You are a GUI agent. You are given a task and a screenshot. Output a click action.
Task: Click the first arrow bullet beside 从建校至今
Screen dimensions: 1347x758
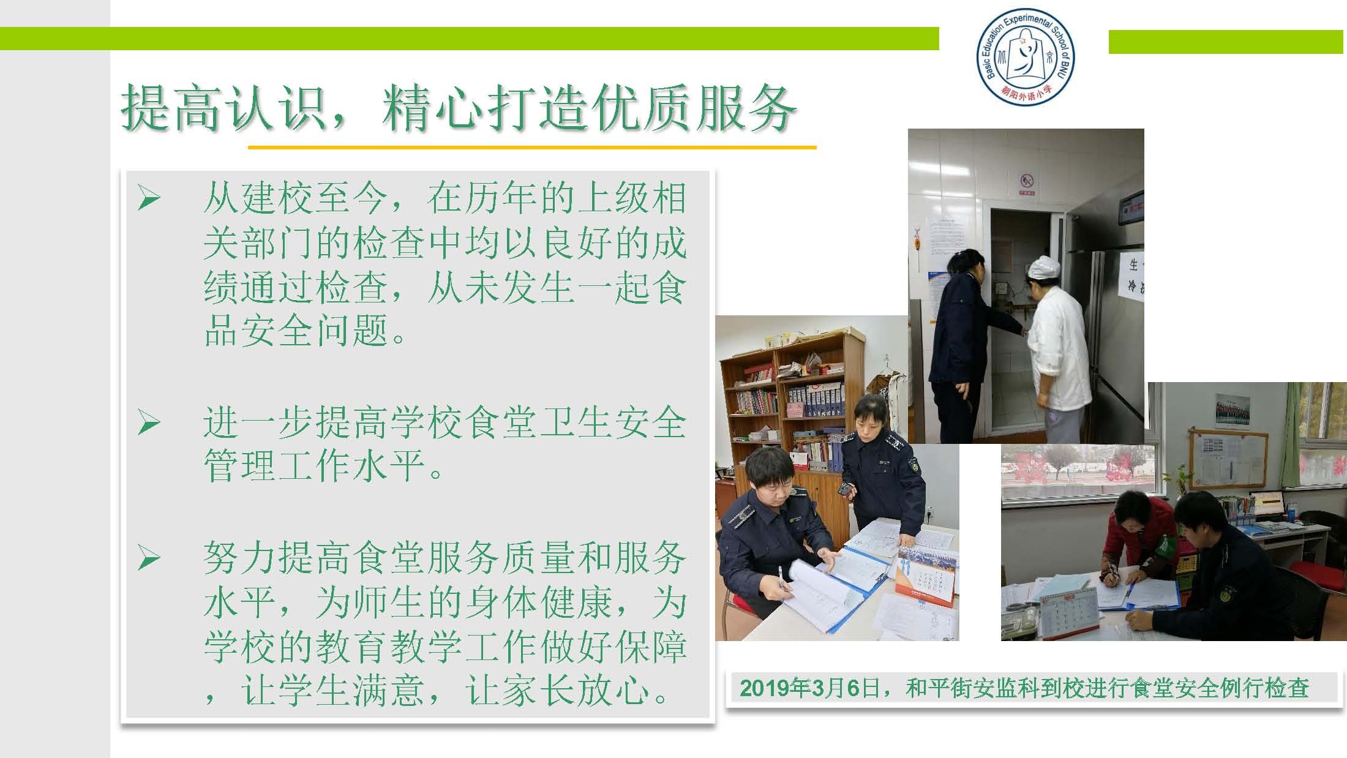click(x=149, y=198)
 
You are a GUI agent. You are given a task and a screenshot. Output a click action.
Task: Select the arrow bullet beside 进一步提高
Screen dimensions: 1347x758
click(x=149, y=423)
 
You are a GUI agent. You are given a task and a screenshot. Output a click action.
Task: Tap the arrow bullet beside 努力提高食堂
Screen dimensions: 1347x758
click(x=149, y=558)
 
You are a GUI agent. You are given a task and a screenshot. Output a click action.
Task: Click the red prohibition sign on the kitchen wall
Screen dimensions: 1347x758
click(x=1027, y=182)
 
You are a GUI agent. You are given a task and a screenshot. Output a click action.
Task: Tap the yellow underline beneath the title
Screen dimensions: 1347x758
click(x=531, y=148)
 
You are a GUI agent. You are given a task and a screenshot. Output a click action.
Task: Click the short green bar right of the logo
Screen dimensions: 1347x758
click(x=1226, y=42)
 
